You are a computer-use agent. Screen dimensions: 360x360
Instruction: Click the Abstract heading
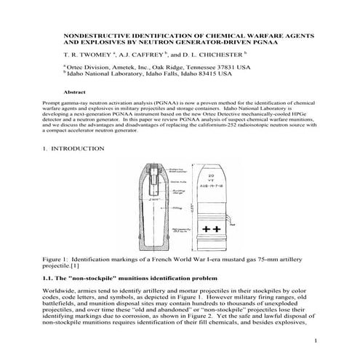[76, 92]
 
